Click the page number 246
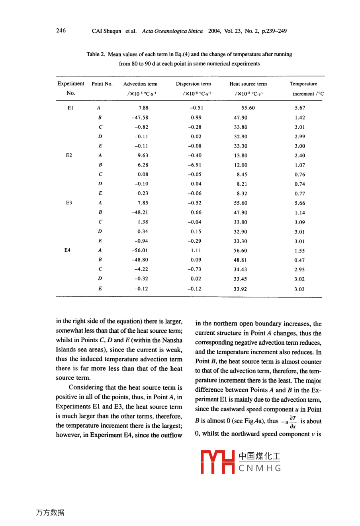point(61,31)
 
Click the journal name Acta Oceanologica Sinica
point(172,31)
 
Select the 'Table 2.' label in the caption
point(96,54)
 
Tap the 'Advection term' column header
point(140,84)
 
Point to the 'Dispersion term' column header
point(194,84)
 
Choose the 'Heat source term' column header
point(248,84)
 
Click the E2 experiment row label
point(69,155)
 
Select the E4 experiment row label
point(67,250)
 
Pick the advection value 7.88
point(143,108)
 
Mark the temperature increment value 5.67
point(300,108)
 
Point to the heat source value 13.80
point(241,155)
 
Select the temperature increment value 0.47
point(300,260)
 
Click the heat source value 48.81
point(241,260)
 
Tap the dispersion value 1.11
point(196,251)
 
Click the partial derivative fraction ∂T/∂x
point(293,422)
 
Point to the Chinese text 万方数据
point(50,513)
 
